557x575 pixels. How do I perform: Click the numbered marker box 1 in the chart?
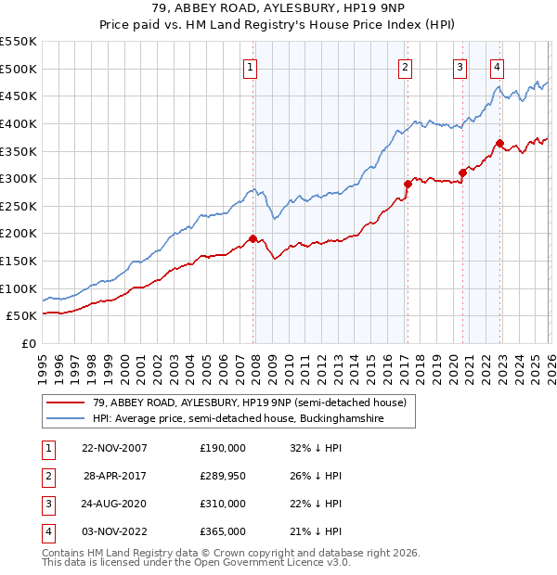252,66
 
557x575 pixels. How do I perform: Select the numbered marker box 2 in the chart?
406,66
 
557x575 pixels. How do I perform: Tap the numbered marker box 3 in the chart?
460,66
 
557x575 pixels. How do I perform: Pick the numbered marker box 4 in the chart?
498,66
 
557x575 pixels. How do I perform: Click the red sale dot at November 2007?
253,238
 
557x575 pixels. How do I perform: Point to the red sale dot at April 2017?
407,184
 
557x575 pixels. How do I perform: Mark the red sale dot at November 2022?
499,143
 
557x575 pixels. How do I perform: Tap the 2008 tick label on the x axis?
255,362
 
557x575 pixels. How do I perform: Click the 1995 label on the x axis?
43,362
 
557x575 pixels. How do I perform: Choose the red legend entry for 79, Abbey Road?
249,402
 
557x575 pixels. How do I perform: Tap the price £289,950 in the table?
222,476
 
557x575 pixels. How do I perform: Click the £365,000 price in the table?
222,531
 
